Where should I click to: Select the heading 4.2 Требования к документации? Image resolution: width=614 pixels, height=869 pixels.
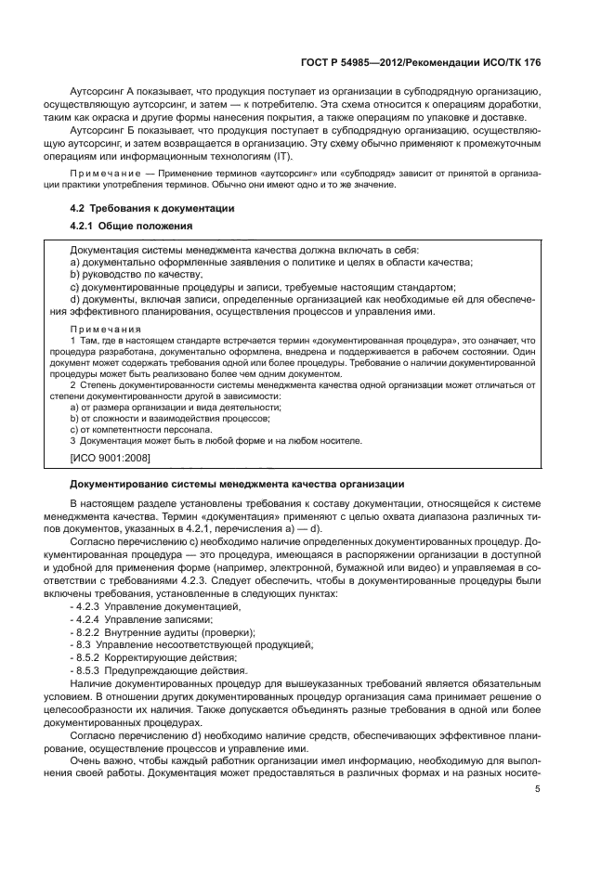tap(151, 209)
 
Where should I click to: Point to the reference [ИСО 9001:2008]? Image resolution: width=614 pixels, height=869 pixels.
tap(110, 457)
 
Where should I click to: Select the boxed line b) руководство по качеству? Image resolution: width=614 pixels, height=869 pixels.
tap(136, 276)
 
